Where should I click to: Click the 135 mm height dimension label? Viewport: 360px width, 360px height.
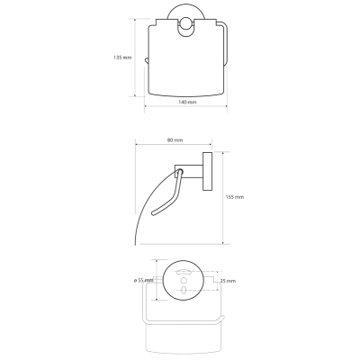tap(122, 58)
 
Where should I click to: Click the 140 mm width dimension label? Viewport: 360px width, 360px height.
tap(187, 102)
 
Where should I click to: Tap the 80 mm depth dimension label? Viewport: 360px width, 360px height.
tap(175, 140)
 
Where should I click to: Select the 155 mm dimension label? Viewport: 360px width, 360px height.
tap(235, 197)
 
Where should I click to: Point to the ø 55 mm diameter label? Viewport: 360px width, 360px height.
tap(143, 281)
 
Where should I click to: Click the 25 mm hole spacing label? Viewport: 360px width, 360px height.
tap(228, 281)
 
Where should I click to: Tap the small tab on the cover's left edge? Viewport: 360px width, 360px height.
tap(147, 61)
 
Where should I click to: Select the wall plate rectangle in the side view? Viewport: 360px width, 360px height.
tap(207, 172)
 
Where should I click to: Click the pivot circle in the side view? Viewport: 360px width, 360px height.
tap(180, 172)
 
